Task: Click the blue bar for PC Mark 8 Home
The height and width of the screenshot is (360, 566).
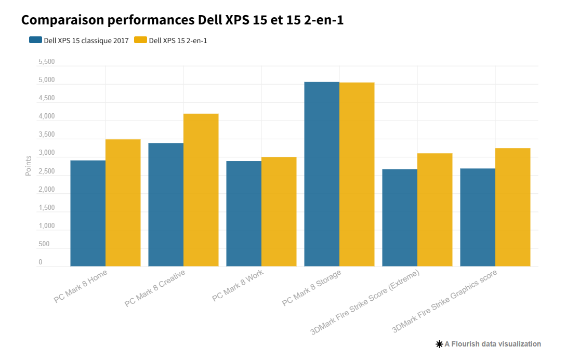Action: pos(88,213)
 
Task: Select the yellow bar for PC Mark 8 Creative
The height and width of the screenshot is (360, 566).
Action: pos(201,190)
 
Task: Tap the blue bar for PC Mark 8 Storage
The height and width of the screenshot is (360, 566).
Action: pos(322,174)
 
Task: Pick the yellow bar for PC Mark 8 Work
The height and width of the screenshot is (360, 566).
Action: pos(279,211)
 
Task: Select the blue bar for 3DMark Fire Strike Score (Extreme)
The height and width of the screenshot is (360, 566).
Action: pos(400,218)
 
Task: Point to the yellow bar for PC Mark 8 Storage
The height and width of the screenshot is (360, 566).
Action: pos(357,175)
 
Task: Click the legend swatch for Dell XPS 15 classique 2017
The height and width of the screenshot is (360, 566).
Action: pos(35,41)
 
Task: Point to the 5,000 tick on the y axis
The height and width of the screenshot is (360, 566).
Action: pos(46,81)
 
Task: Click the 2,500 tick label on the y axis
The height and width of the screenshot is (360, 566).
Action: pos(46,171)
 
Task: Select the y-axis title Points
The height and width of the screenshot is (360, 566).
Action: pos(29,166)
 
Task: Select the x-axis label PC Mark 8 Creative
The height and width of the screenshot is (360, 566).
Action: pos(154,289)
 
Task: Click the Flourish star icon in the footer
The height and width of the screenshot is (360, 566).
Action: pos(439,344)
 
